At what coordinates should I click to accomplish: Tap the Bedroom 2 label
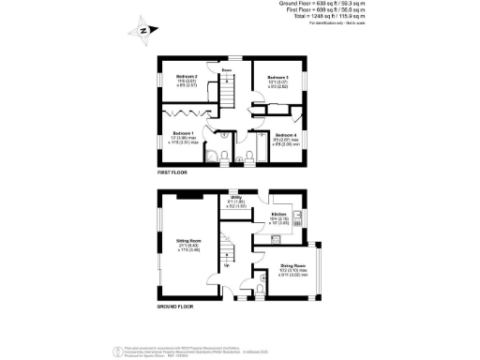point(187,78)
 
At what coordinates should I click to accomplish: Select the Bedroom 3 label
point(277,78)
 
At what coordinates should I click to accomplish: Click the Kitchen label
point(278,215)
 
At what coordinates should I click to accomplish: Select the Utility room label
point(238,198)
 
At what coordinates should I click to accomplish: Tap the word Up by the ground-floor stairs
point(227,265)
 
